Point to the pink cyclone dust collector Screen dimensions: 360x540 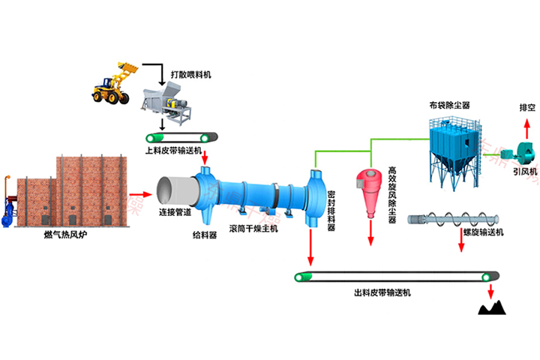[x=370, y=185]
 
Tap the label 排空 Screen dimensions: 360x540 [x=527, y=107]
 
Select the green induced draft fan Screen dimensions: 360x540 [x=517, y=152]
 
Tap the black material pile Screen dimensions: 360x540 [x=493, y=307]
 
